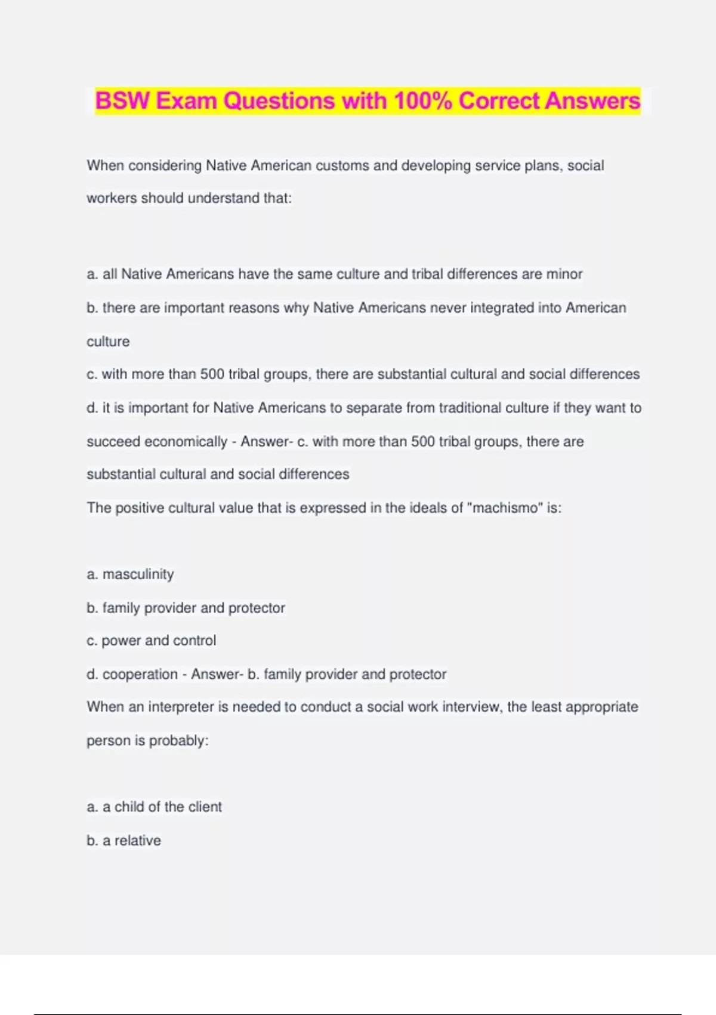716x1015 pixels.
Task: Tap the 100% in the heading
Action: [422, 101]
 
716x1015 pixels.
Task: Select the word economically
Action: [185, 442]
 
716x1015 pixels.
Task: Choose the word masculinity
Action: [138, 574]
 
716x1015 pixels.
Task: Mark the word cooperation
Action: [140, 674]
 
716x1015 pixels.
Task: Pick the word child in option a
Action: [129, 807]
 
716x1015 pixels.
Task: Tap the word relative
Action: [137, 841]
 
